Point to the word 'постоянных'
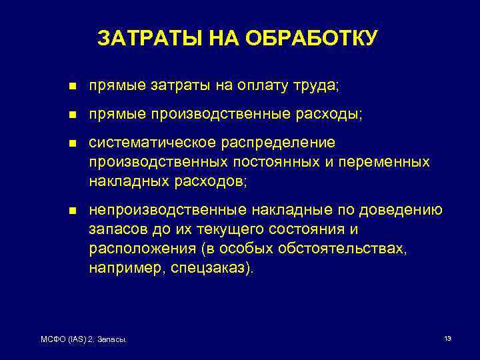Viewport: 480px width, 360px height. [x=271, y=161]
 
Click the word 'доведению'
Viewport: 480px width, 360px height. [x=401, y=211]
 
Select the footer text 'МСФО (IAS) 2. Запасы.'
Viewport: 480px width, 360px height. [x=85, y=341]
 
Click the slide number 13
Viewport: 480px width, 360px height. [x=447, y=339]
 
